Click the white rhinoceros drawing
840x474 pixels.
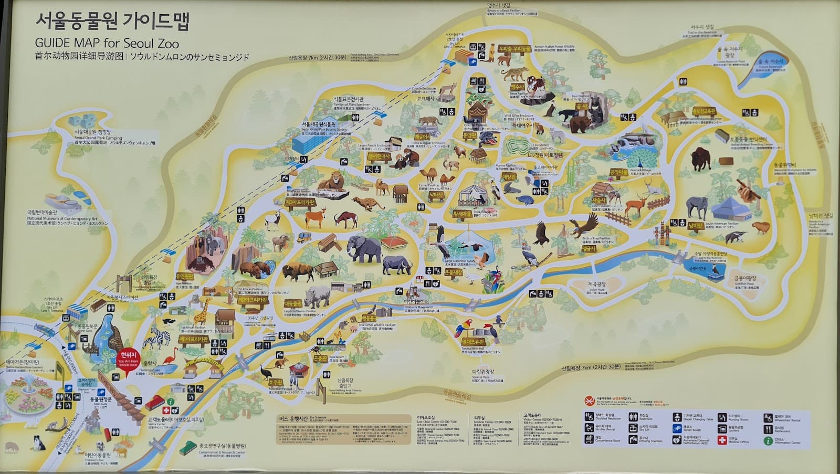coord(318,297)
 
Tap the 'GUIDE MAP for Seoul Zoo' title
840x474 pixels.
coord(107,44)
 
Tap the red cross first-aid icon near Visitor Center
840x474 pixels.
coord(166,410)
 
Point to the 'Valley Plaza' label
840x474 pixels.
coord(596,290)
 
